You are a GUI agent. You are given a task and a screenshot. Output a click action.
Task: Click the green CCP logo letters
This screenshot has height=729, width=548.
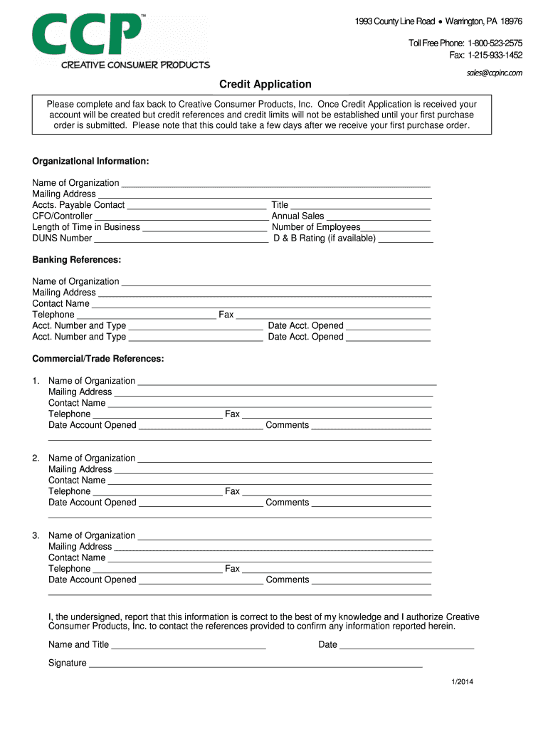point(85,34)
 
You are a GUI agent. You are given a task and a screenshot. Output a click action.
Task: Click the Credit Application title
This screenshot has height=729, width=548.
point(265,84)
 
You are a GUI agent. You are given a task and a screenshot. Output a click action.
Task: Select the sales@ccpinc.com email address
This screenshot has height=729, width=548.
point(495,73)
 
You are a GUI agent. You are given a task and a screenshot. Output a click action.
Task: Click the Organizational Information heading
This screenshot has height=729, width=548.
point(90,162)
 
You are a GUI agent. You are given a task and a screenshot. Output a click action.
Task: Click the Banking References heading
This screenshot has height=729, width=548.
point(76,260)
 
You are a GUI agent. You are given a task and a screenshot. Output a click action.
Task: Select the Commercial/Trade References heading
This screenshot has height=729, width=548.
point(98,359)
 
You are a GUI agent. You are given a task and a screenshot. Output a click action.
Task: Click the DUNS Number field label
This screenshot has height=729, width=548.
point(62,238)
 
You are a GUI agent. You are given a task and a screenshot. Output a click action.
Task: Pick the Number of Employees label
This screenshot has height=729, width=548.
point(316,227)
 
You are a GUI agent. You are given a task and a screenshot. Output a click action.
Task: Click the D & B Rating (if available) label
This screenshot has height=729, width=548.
point(325,238)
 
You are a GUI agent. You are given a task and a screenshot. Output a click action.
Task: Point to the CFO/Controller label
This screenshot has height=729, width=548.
point(62,216)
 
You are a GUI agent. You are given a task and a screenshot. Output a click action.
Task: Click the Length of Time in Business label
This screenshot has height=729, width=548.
point(86,227)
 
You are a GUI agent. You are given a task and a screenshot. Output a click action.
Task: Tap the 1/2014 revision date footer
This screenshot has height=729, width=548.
point(462,683)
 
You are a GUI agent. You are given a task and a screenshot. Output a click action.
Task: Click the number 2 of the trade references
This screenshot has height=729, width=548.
point(36,458)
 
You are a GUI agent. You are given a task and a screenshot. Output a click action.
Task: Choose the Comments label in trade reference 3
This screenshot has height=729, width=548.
point(287,580)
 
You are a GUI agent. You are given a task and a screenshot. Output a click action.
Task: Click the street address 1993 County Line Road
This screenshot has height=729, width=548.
point(394,21)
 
